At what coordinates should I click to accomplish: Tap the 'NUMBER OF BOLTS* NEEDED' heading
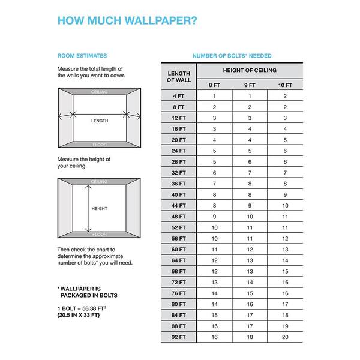click(x=231, y=56)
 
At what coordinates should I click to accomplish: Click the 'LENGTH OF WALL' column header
click(x=179, y=76)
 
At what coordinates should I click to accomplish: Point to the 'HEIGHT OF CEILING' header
click(x=249, y=70)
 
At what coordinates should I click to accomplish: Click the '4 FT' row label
click(x=179, y=96)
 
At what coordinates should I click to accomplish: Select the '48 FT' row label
click(x=179, y=217)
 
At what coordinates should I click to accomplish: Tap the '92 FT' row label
click(x=179, y=337)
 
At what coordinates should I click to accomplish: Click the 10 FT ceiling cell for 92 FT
click(x=284, y=337)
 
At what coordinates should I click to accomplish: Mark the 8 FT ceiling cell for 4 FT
click(x=214, y=96)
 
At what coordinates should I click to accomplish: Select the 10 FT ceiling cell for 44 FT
click(x=284, y=206)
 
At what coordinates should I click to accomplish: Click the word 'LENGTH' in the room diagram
click(x=100, y=121)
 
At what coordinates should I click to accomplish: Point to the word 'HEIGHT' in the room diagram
click(x=100, y=209)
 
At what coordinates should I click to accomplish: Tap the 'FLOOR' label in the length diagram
click(x=100, y=145)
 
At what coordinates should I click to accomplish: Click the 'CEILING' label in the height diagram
click(x=100, y=181)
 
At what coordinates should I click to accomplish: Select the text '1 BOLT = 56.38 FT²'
click(x=83, y=308)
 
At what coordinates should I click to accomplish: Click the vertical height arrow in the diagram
click(x=89, y=208)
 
